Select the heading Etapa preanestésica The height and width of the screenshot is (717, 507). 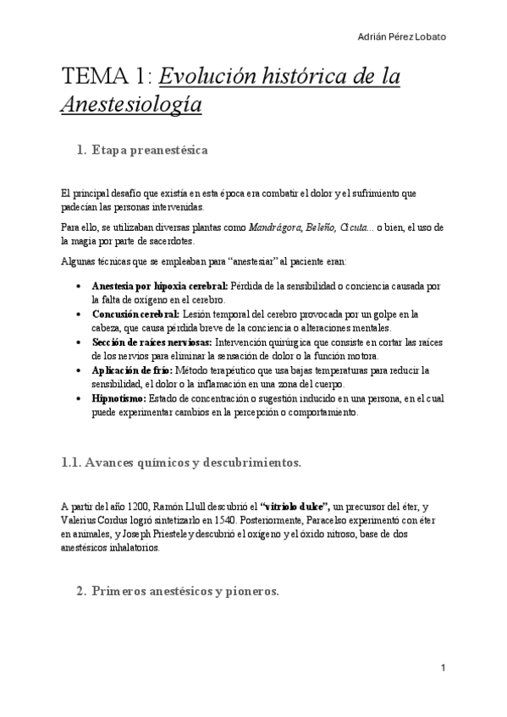(x=162, y=151)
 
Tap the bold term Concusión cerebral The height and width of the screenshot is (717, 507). (x=135, y=315)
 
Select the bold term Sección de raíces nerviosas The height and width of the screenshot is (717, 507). (x=153, y=342)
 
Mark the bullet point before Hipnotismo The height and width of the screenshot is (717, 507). (x=79, y=398)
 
